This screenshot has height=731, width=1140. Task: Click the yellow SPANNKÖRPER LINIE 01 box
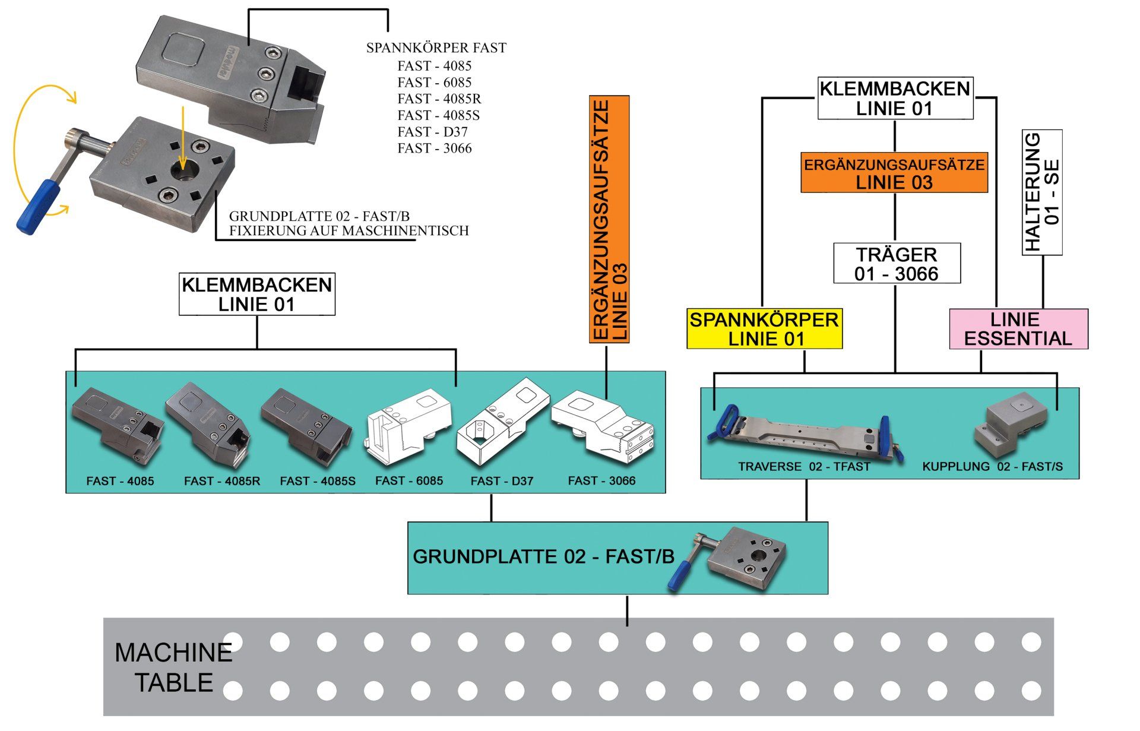764,329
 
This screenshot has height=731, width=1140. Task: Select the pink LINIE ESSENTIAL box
1018,329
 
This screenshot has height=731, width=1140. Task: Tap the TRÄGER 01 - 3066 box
897,263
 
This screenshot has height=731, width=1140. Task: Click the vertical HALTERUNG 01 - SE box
1042,192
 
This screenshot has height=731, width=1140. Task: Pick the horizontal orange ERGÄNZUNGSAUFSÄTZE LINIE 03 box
894,173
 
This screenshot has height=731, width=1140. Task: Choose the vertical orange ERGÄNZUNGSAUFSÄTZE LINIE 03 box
609,220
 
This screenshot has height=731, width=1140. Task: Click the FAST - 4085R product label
222,481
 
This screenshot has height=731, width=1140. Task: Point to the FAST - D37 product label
502,481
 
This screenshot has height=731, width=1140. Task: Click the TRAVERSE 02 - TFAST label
804,467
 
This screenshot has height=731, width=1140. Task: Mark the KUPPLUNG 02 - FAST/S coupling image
1008,431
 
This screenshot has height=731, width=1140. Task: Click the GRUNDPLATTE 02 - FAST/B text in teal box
544,557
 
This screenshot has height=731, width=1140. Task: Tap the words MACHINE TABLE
173,667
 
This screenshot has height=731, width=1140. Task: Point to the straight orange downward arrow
183,137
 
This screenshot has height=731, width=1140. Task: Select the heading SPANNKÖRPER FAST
436,48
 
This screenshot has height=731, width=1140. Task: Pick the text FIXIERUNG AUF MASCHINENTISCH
349,230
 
